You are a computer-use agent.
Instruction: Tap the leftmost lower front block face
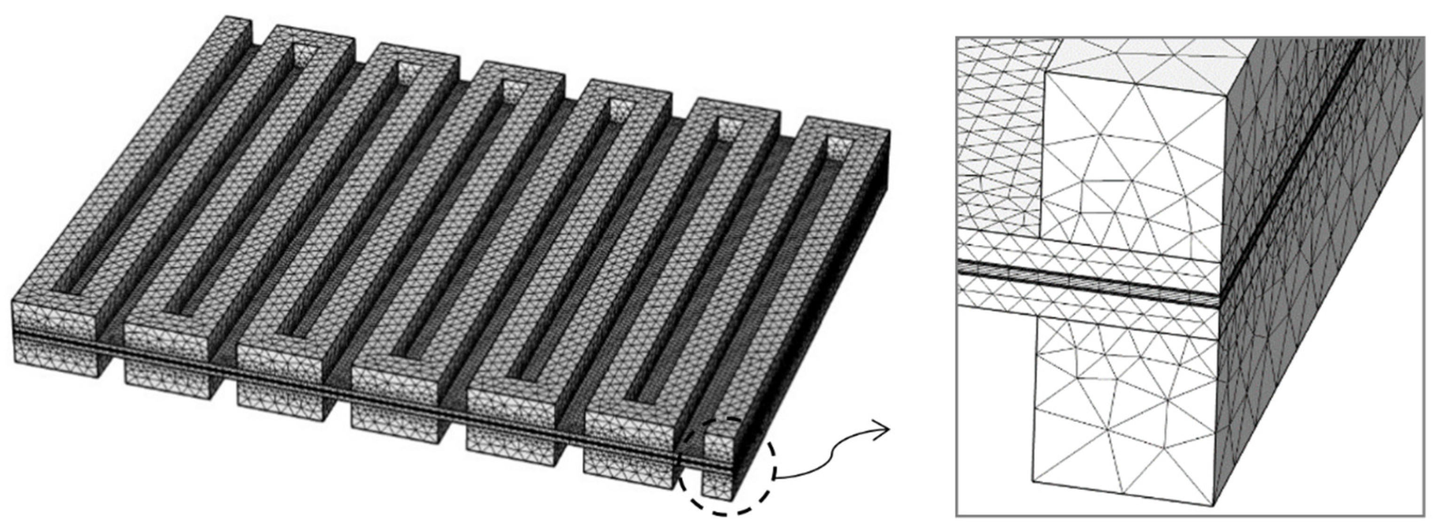pos(55,356)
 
